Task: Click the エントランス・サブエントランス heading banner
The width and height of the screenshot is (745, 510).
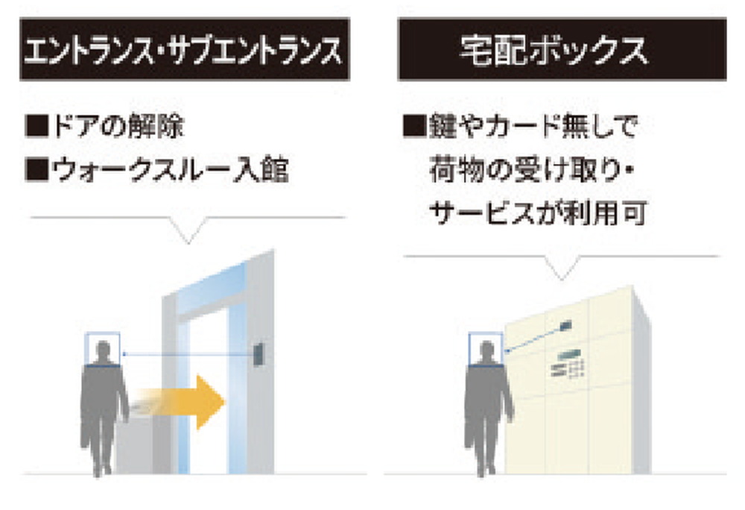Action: point(184,49)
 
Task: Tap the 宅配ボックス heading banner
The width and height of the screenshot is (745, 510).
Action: point(562,49)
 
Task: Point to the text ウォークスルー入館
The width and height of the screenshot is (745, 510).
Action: point(170,170)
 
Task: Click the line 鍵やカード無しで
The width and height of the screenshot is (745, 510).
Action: point(533,127)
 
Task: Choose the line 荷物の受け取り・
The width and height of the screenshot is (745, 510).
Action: point(532,170)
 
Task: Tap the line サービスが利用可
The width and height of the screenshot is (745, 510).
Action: point(538,213)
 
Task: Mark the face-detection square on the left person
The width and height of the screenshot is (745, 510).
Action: point(102,350)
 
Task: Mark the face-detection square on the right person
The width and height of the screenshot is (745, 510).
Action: point(486,350)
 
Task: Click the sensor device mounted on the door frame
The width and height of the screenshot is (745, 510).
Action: point(259,355)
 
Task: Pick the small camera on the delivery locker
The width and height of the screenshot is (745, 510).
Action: point(565,326)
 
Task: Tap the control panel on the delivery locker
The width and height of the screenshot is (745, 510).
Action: point(568,364)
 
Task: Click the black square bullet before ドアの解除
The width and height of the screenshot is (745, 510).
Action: point(37,127)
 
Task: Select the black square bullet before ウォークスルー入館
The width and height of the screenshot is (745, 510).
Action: point(37,170)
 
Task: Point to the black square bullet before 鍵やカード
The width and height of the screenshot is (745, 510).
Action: point(414,127)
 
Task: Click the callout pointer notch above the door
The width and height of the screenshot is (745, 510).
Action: point(189,231)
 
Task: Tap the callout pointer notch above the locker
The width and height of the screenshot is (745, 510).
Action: point(562,268)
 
